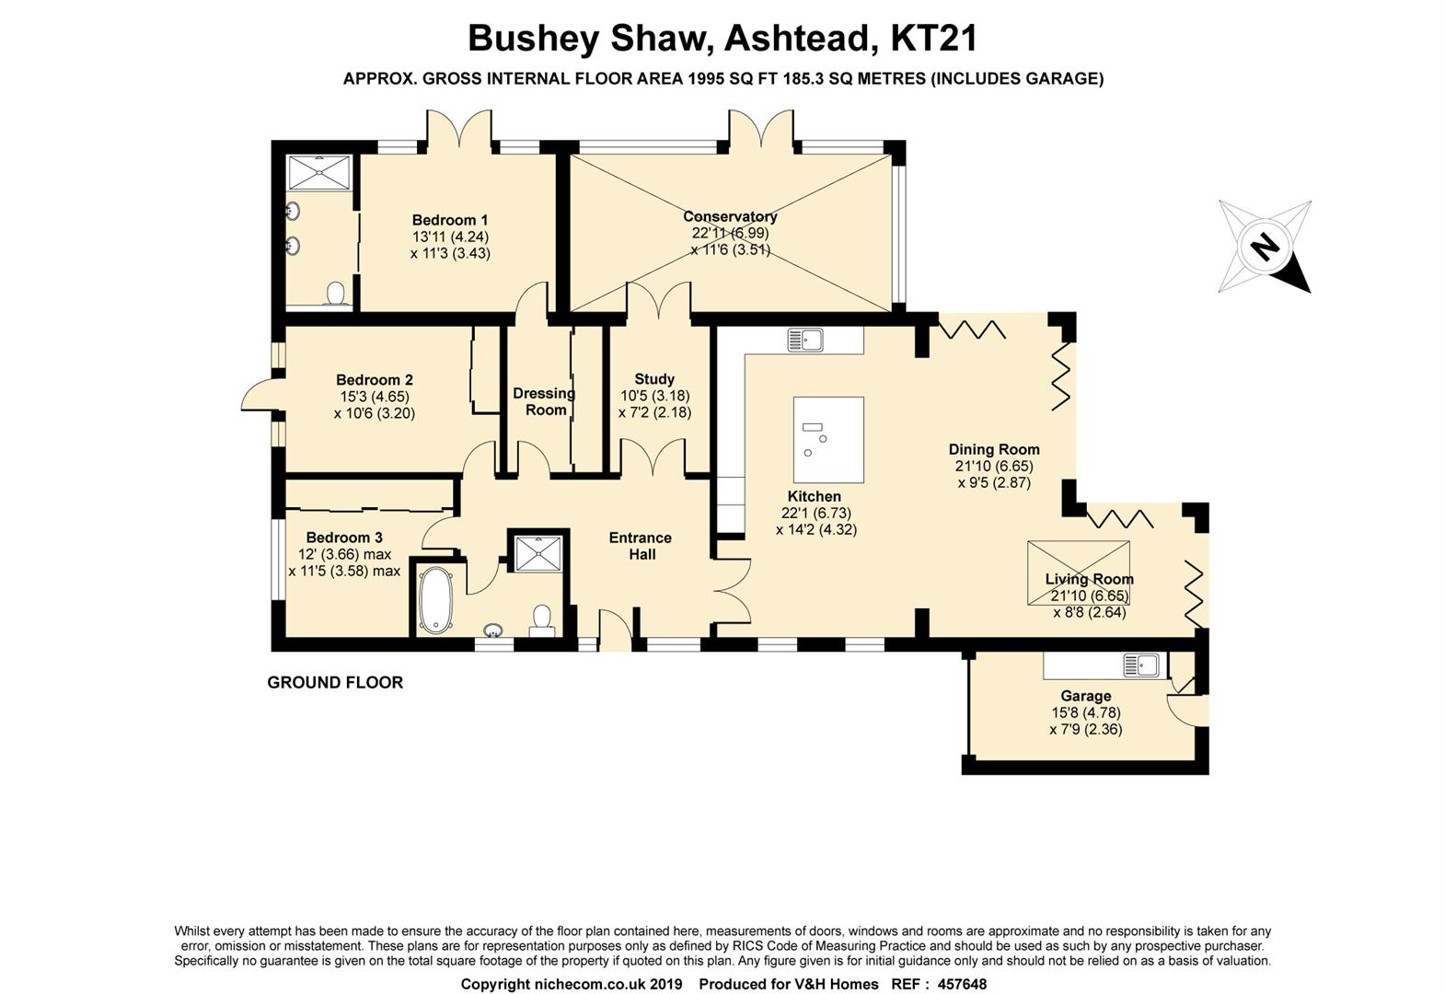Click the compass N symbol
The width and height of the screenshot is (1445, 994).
coord(1265,247)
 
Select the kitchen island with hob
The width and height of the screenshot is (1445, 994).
coord(828,440)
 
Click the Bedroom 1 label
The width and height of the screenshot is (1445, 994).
coord(450,220)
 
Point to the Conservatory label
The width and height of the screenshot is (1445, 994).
coord(730,216)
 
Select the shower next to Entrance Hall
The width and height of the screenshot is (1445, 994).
coord(538,552)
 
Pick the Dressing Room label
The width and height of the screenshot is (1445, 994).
coord(544,401)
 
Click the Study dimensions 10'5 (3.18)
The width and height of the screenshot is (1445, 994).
coord(654,396)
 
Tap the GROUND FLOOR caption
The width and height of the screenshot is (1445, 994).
coord(335,682)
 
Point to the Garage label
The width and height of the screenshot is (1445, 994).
coord(1085,696)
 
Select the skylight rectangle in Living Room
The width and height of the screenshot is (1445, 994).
coord(1078,572)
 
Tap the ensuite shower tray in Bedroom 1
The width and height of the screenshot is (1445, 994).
coord(319,172)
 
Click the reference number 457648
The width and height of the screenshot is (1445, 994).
coord(961,984)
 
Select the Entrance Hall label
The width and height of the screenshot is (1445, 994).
coord(641,546)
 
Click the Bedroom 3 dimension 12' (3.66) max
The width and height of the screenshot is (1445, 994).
coord(344,554)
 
